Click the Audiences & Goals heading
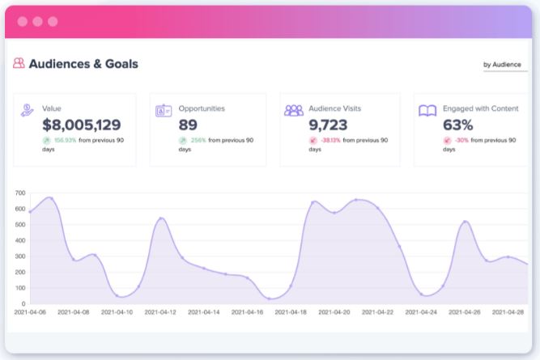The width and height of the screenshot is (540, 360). click(83, 64)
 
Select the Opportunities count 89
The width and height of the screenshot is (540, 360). click(188, 125)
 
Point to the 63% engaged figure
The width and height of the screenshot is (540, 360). click(458, 125)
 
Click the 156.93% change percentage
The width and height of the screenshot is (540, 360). click(65, 140)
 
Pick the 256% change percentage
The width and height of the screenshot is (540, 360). click(198, 140)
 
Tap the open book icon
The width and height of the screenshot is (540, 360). click(427, 110)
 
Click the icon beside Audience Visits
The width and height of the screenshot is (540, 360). click(294, 110)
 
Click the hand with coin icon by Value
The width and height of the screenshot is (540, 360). click(28, 110)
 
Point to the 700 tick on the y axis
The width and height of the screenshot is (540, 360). click(19, 194)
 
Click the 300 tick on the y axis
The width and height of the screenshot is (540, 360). click(19, 256)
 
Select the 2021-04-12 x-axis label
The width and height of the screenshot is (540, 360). click(164, 312)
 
